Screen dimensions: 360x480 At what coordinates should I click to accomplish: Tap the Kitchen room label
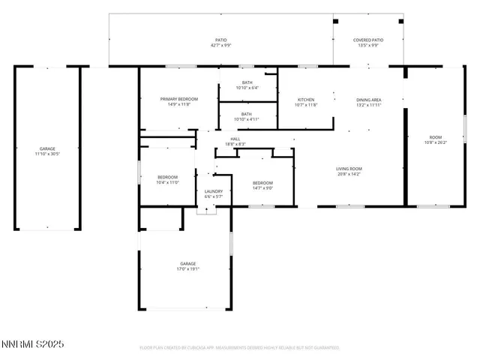pos(306,100)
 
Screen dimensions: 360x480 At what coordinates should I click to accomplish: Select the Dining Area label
pos(368,100)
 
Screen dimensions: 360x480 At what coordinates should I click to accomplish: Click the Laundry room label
pos(214,192)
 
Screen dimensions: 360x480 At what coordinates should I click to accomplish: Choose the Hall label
pos(235,139)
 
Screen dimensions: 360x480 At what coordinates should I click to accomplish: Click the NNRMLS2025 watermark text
pos(33,344)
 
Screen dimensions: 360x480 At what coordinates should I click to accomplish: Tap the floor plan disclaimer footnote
pos(240,348)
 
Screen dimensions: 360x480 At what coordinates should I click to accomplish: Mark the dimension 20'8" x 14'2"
pos(349,174)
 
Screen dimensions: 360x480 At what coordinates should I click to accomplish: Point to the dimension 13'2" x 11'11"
pos(368,105)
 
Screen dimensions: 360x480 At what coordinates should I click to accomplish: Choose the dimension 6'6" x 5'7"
pos(214,196)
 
